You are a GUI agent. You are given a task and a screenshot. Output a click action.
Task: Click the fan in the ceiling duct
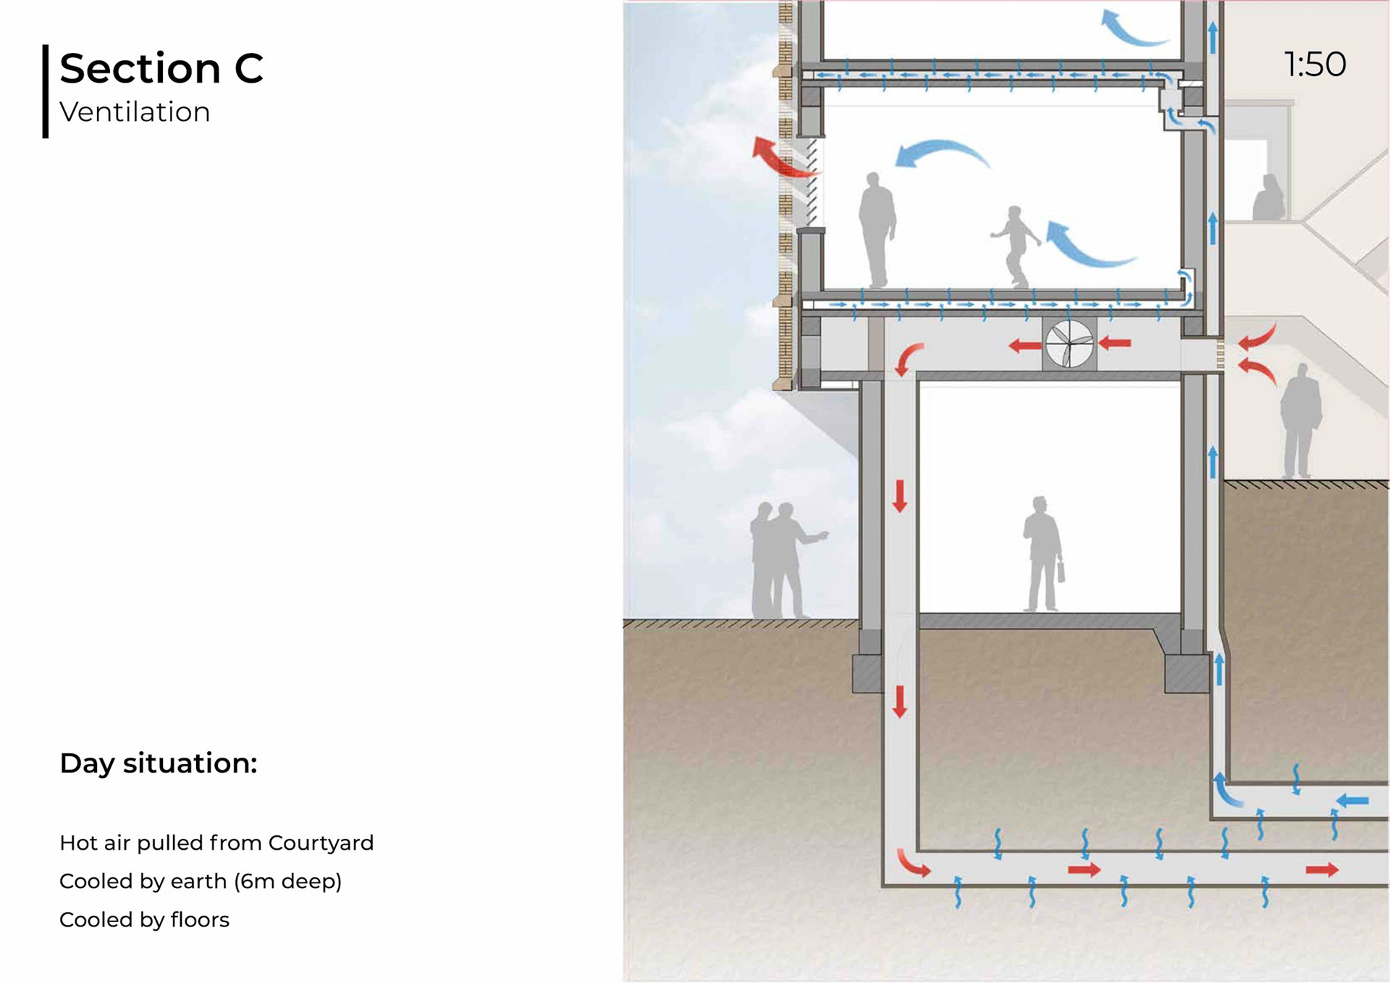pos(1069,344)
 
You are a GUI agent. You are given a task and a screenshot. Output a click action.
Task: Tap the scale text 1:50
pos(1315,64)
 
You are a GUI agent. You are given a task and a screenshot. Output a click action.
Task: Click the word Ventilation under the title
pos(135,112)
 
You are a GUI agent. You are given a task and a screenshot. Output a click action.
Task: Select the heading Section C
pos(161,68)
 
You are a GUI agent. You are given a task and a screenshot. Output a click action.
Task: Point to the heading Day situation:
pos(158,763)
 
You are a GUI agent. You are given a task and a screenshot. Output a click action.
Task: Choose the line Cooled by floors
pos(144,919)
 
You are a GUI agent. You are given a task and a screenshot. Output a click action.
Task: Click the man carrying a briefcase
pos(1043,554)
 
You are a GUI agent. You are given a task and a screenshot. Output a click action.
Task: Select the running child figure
pos(1016,245)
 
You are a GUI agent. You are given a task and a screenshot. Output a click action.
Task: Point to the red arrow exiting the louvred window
pos(781,157)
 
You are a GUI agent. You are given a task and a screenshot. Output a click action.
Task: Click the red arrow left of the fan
pos(1024,346)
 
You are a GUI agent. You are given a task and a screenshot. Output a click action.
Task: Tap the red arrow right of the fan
pos(1115,343)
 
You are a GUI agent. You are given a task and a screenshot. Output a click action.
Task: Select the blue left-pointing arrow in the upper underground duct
pos(1352,800)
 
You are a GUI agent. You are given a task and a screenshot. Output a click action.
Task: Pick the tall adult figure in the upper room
pos(876,229)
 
